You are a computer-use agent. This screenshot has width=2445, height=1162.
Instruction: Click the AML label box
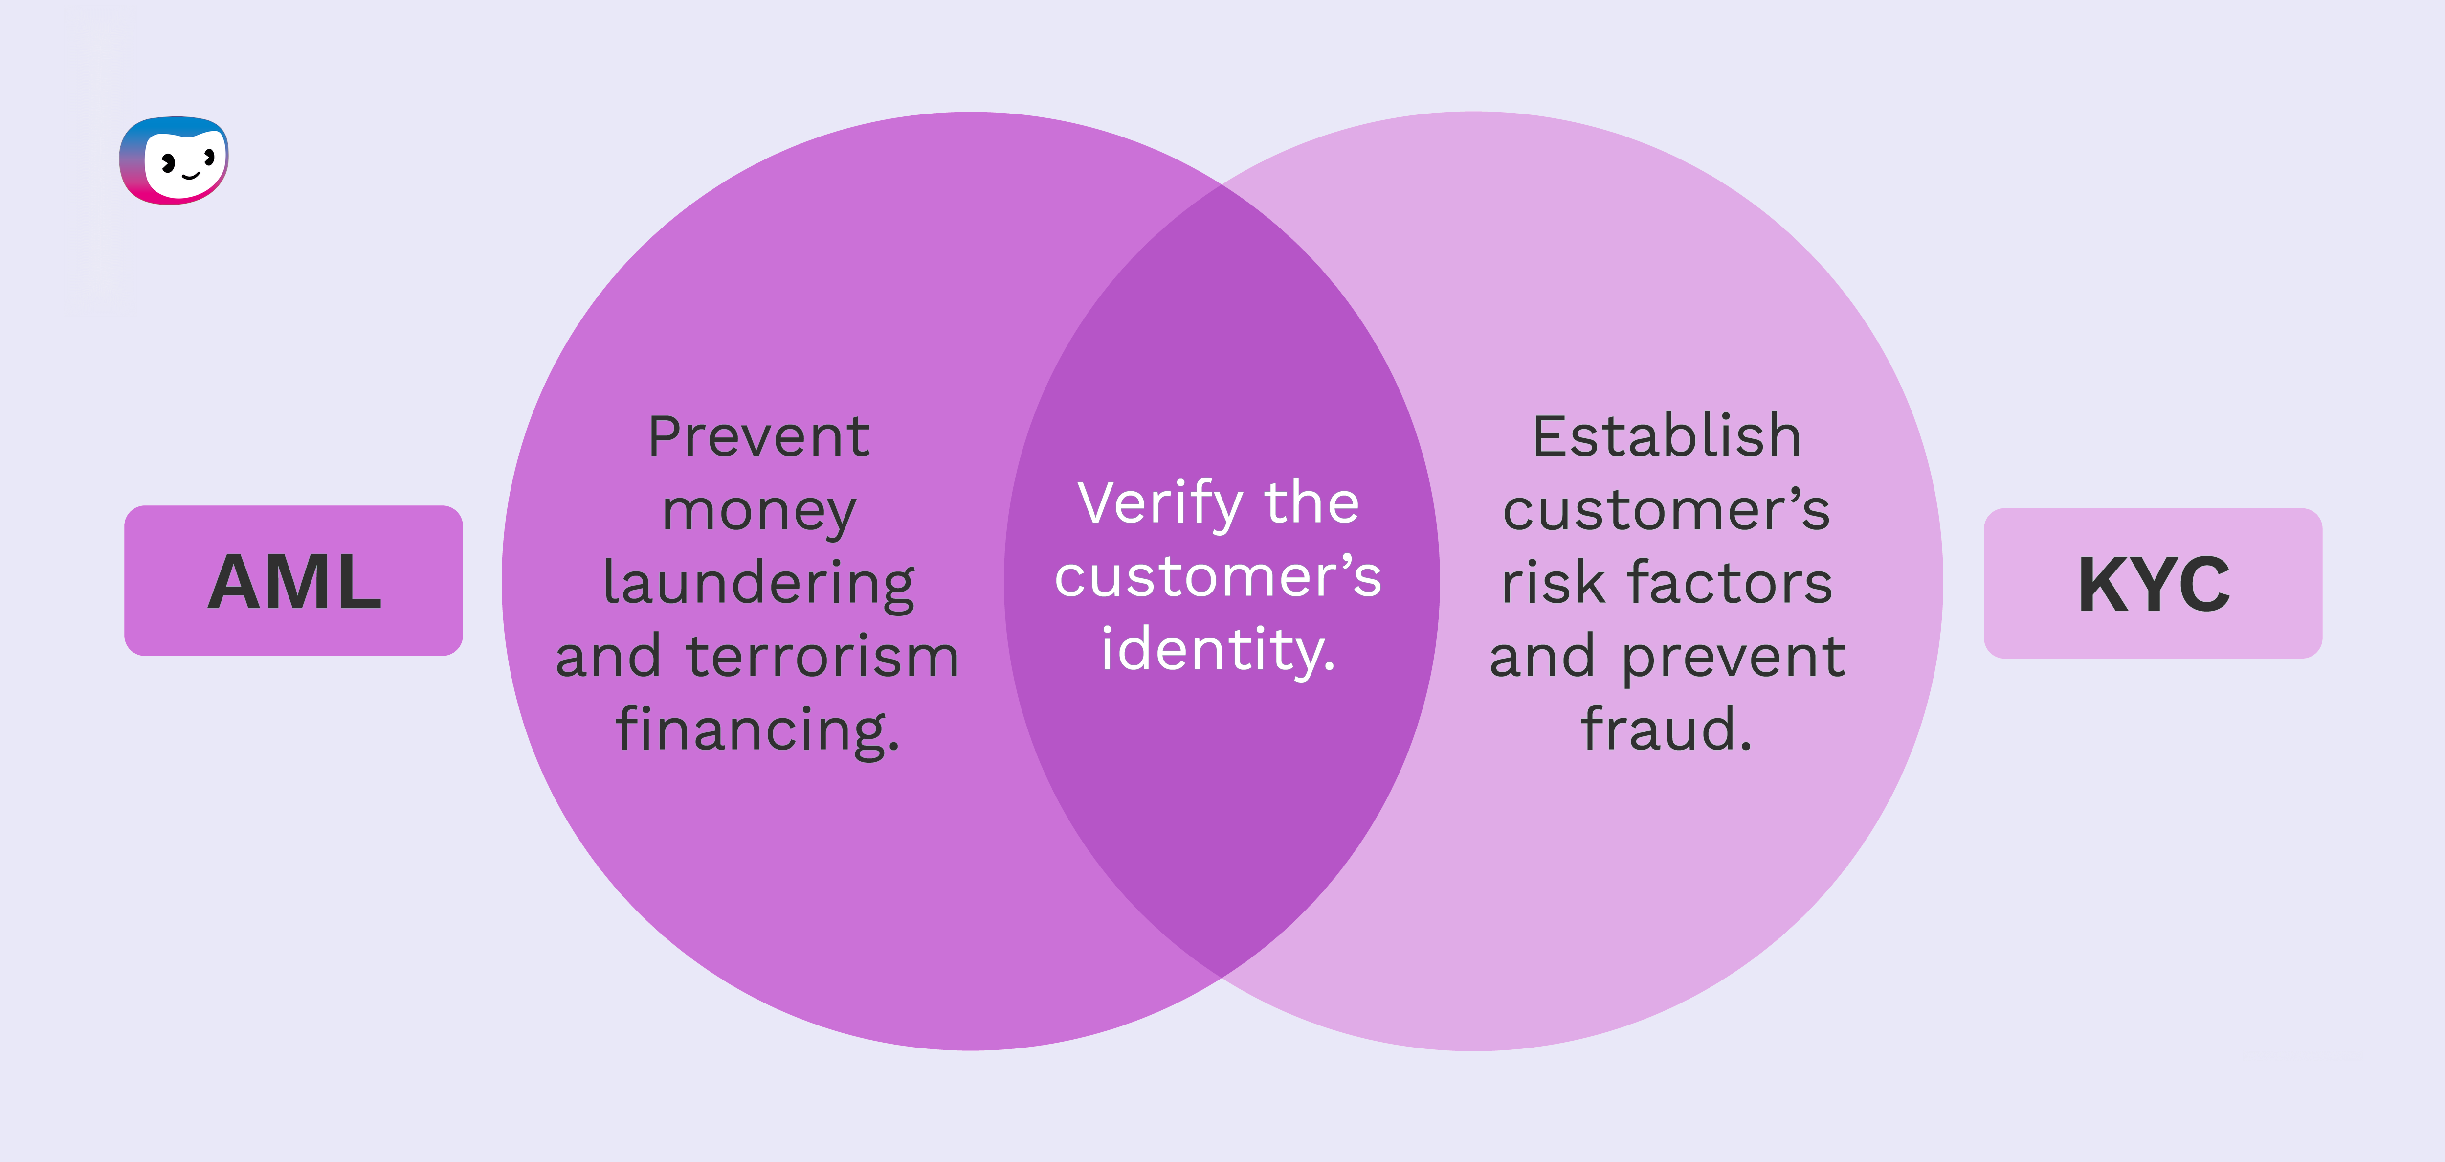[293, 580]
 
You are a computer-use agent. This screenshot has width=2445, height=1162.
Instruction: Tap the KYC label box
[2153, 583]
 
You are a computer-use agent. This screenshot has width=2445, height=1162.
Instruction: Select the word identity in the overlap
[1218, 650]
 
